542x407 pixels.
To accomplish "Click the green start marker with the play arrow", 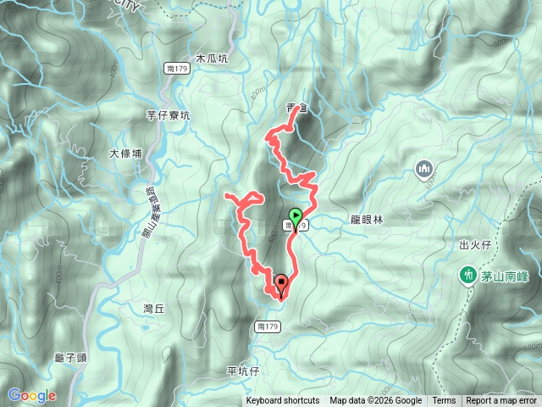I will [295, 215].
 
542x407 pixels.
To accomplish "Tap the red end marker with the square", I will [280, 283].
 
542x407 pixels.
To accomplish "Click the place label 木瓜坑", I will [212, 59].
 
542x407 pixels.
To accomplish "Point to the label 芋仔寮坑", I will [169, 114].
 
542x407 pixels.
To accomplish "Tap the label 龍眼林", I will [367, 219].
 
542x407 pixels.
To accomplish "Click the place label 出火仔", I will [475, 245].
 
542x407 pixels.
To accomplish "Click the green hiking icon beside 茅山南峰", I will [467, 275].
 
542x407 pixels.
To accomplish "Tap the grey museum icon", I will [424, 170].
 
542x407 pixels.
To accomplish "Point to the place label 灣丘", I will [153, 309].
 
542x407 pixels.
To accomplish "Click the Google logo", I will [31, 395].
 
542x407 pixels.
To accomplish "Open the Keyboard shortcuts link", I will [283, 401].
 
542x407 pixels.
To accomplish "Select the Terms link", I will [444, 401].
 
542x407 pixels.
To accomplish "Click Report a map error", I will [501, 401].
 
